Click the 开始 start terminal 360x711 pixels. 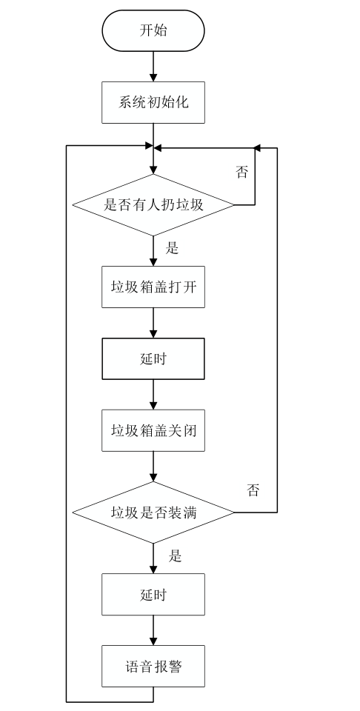153,30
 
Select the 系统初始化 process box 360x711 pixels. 153,101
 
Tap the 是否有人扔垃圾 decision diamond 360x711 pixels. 153,205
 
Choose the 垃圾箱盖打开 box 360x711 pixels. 153,287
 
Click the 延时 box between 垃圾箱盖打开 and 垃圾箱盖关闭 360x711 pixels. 153,359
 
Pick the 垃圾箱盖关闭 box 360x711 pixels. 153,430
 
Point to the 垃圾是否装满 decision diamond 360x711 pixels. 153,512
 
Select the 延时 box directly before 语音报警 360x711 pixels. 153,595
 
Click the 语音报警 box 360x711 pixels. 153,666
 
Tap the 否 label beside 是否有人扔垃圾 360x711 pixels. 242,173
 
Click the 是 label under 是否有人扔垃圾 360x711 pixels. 173,248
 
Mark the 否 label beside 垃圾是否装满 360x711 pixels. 253,490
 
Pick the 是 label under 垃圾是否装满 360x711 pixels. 175,556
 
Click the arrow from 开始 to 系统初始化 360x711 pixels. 153,67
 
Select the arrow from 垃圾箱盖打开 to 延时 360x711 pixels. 153,323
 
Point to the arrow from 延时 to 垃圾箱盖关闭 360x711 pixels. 153,395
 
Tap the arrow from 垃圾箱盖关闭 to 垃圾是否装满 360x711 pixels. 153,467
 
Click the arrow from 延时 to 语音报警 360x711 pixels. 153,630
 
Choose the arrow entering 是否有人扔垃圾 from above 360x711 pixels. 153,161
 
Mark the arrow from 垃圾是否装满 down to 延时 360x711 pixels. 153,558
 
